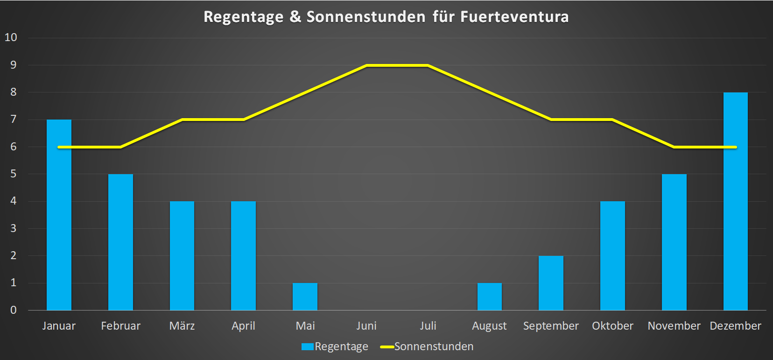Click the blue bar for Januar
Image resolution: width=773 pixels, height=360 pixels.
(x=59, y=215)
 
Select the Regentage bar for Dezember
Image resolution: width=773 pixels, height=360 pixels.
(x=735, y=201)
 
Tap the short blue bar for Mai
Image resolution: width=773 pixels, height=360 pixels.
(x=305, y=296)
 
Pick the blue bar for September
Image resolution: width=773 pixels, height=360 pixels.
(x=551, y=283)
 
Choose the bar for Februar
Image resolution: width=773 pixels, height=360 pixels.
(x=120, y=242)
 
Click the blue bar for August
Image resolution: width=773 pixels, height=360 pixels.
(x=489, y=296)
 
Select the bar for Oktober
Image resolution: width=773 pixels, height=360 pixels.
(x=612, y=255)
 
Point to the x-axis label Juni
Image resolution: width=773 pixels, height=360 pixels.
(x=366, y=326)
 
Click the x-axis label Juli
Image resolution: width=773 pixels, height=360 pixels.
(x=428, y=326)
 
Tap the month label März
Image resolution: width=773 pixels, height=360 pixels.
(x=182, y=326)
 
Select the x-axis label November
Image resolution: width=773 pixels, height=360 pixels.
(x=674, y=326)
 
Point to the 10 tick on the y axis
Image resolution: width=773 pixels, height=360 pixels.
(x=11, y=37)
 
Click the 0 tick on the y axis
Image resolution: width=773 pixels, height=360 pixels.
(x=13, y=310)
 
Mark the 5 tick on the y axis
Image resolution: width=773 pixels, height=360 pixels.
(x=13, y=174)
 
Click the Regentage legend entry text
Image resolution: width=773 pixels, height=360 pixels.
(x=341, y=346)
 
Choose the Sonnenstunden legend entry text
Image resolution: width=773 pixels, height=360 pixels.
(x=434, y=346)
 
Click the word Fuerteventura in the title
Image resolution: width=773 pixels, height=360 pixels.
(x=514, y=17)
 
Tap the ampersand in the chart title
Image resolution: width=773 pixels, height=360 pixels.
(x=295, y=17)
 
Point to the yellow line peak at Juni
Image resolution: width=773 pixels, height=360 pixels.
(x=367, y=65)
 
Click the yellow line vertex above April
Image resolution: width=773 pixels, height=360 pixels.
(x=244, y=120)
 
